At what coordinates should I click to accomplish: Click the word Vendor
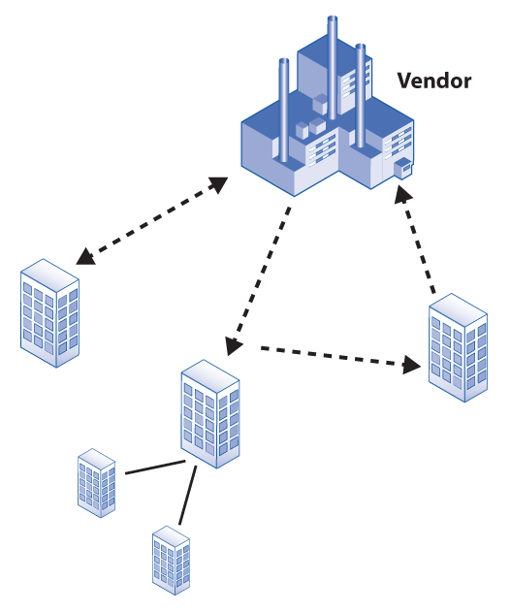click(434, 81)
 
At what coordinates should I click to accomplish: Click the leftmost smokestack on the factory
click(284, 110)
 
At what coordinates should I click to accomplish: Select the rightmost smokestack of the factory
click(361, 96)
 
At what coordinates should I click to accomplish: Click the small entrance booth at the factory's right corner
click(403, 169)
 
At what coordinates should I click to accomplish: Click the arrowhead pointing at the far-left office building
click(85, 257)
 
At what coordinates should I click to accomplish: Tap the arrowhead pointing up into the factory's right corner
click(402, 194)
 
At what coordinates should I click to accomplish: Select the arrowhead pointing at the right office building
click(411, 365)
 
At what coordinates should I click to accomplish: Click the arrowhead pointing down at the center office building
click(234, 345)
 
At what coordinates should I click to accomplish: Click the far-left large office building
click(49, 313)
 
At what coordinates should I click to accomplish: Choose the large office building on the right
click(458, 347)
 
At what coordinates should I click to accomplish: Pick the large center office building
click(210, 413)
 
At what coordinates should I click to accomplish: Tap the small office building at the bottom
click(171, 561)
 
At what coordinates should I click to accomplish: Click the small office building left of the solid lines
click(97, 483)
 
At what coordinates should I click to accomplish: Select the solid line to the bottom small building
click(187, 495)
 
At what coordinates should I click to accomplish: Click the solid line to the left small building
click(155, 468)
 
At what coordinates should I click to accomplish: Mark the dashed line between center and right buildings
click(336, 357)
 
